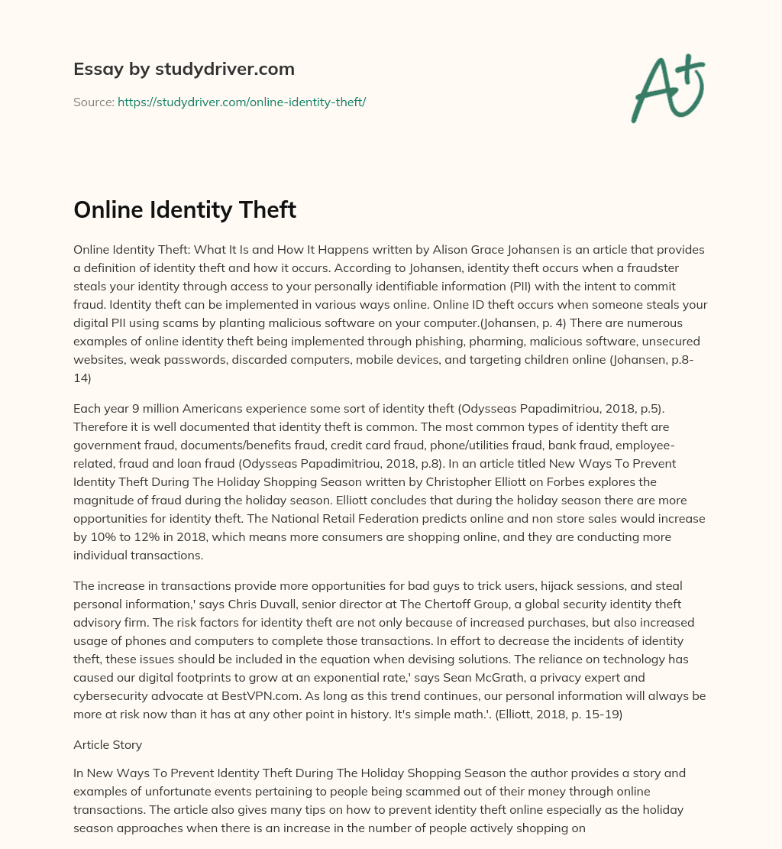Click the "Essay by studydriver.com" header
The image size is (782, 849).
coord(184,69)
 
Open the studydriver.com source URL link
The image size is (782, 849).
coord(241,102)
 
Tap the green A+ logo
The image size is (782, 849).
coord(667,88)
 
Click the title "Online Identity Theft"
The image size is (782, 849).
coord(185,210)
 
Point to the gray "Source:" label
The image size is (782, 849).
coord(93,102)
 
